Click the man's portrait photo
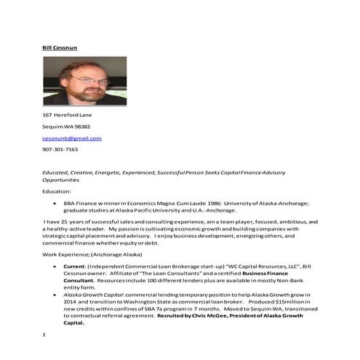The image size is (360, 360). coord(84,81)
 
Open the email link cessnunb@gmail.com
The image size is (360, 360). coord(72,137)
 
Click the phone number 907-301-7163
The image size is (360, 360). coord(60,149)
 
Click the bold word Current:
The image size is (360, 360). coord(76,267)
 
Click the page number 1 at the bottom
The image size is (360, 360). coord(44,334)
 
